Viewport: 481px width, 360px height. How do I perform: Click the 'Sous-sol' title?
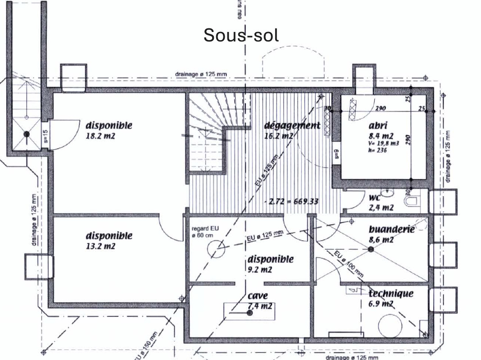click(x=241, y=35)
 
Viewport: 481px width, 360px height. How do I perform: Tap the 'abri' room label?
click(x=377, y=126)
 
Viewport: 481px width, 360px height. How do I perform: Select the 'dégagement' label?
click(x=292, y=125)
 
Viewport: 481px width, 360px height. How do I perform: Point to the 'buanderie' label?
click(x=391, y=229)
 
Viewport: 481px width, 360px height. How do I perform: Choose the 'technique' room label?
click(x=390, y=294)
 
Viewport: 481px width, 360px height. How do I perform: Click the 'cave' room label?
click(x=258, y=296)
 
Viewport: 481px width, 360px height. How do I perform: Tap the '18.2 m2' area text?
click(x=100, y=135)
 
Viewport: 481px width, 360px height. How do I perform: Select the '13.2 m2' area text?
click(x=100, y=246)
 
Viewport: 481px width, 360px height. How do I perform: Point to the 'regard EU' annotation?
click(x=204, y=228)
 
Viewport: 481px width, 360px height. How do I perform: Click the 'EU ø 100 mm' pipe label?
click(x=349, y=263)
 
